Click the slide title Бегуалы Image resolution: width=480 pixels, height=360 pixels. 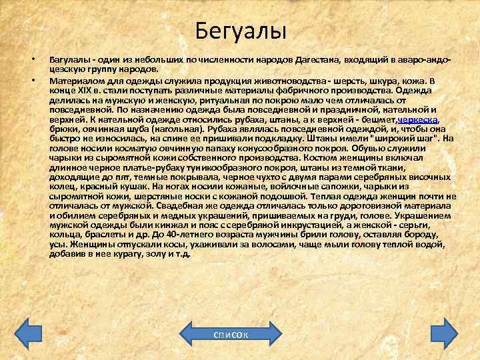pos(240,31)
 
